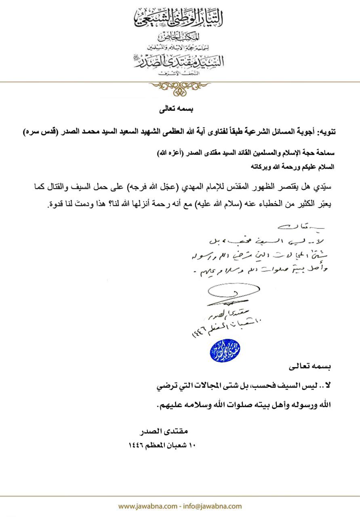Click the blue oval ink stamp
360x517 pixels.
click(x=225, y=351)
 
